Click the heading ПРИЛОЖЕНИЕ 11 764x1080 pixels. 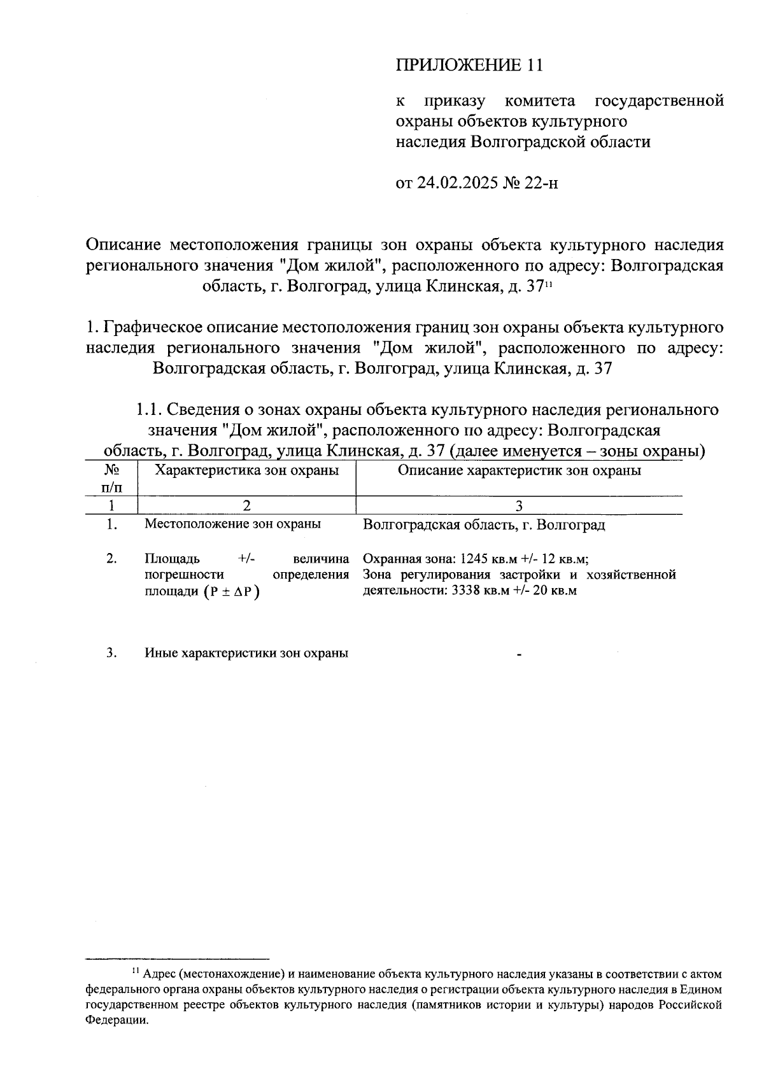coord(471,66)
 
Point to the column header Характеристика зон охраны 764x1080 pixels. coord(247,471)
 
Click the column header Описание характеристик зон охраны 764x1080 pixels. coord(519,471)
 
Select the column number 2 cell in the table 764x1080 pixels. coord(246,506)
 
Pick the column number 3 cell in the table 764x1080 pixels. coord(519,506)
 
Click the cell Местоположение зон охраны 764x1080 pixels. coord(232,524)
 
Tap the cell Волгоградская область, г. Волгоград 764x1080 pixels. coord(483,525)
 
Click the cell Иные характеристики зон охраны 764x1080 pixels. coord(246,654)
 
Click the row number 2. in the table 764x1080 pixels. coord(112,559)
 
